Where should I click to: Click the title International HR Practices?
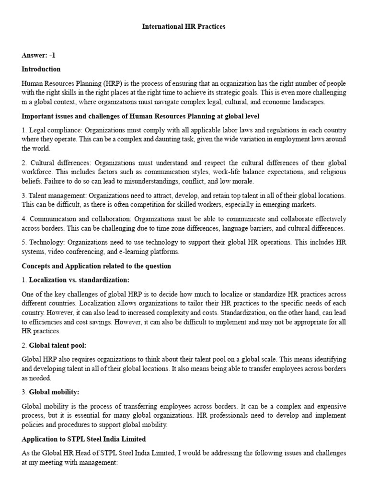(184, 27)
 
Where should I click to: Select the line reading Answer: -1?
(39, 56)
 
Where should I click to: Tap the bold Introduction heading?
(41, 69)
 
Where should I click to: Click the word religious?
(333, 172)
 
